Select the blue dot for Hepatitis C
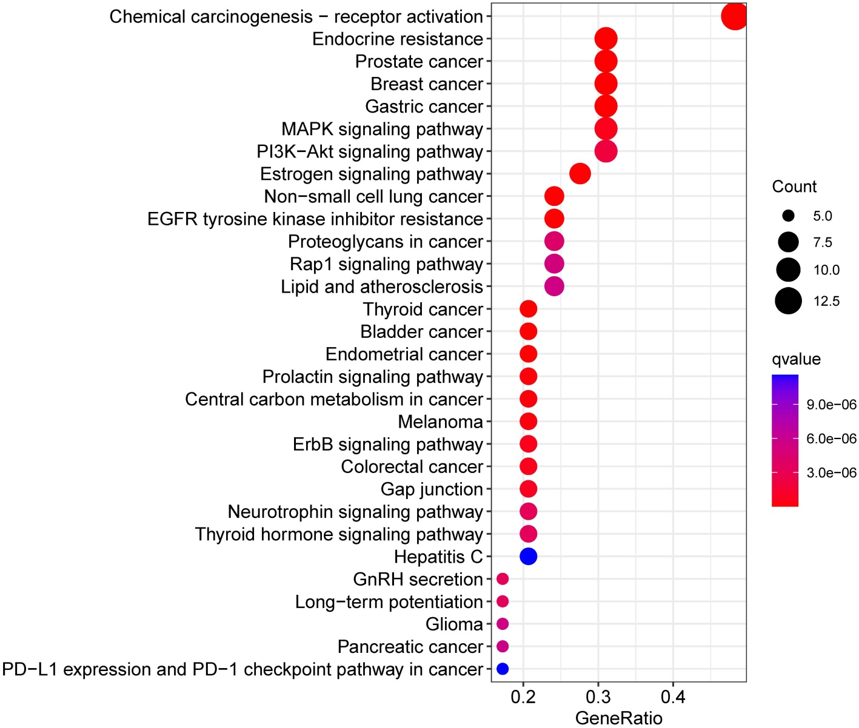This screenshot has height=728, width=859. click(529, 556)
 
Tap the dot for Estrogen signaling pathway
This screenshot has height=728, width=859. click(580, 174)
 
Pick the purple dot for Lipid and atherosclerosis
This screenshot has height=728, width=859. click(554, 286)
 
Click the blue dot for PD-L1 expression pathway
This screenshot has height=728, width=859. click(503, 669)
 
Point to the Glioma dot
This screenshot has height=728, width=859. click(503, 624)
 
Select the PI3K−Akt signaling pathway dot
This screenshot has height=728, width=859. click(606, 151)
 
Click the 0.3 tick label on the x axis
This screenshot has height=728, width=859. click(598, 697)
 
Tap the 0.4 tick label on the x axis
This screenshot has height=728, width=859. click(673, 697)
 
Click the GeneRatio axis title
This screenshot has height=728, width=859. click(618, 718)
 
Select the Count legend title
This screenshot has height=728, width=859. click(794, 187)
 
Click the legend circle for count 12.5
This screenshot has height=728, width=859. click(788, 301)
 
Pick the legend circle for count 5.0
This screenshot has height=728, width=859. click(788, 216)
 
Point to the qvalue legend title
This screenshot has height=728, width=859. click(796, 359)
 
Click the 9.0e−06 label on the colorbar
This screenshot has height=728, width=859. click(831, 405)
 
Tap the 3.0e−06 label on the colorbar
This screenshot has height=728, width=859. click(831, 472)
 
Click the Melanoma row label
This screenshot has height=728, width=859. click(440, 422)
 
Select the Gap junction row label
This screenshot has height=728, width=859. click(432, 489)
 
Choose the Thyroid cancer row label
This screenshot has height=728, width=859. click(423, 309)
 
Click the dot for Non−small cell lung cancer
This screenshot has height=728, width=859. click(554, 196)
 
